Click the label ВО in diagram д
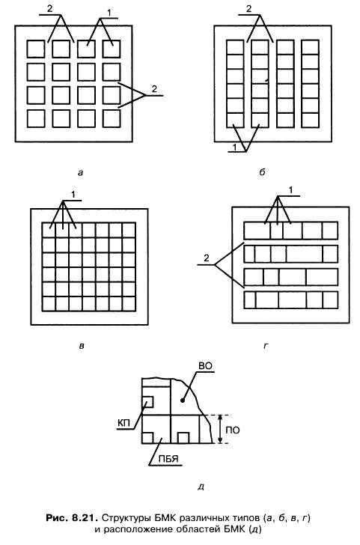click(x=205, y=366)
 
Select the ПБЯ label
click(x=168, y=459)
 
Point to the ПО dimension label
click(x=233, y=430)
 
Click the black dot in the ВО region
click(x=182, y=401)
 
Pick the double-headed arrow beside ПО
click(x=219, y=429)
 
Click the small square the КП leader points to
click(x=147, y=402)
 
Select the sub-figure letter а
click(x=81, y=172)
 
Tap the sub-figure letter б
click(x=263, y=171)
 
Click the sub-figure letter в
click(x=82, y=346)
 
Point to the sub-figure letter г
click(x=266, y=346)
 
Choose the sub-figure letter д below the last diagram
click(x=201, y=487)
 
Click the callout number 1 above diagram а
click(x=109, y=13)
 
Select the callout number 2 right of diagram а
click(x=154, y=89)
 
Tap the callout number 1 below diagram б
click(x=235, y=147)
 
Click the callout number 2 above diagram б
click(x=248, y=9)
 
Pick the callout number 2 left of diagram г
click(x=207, y=258)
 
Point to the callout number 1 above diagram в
click(x=73, y=195)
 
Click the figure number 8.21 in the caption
click(x=84, y=518)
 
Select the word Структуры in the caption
click(x=122, y=518)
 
